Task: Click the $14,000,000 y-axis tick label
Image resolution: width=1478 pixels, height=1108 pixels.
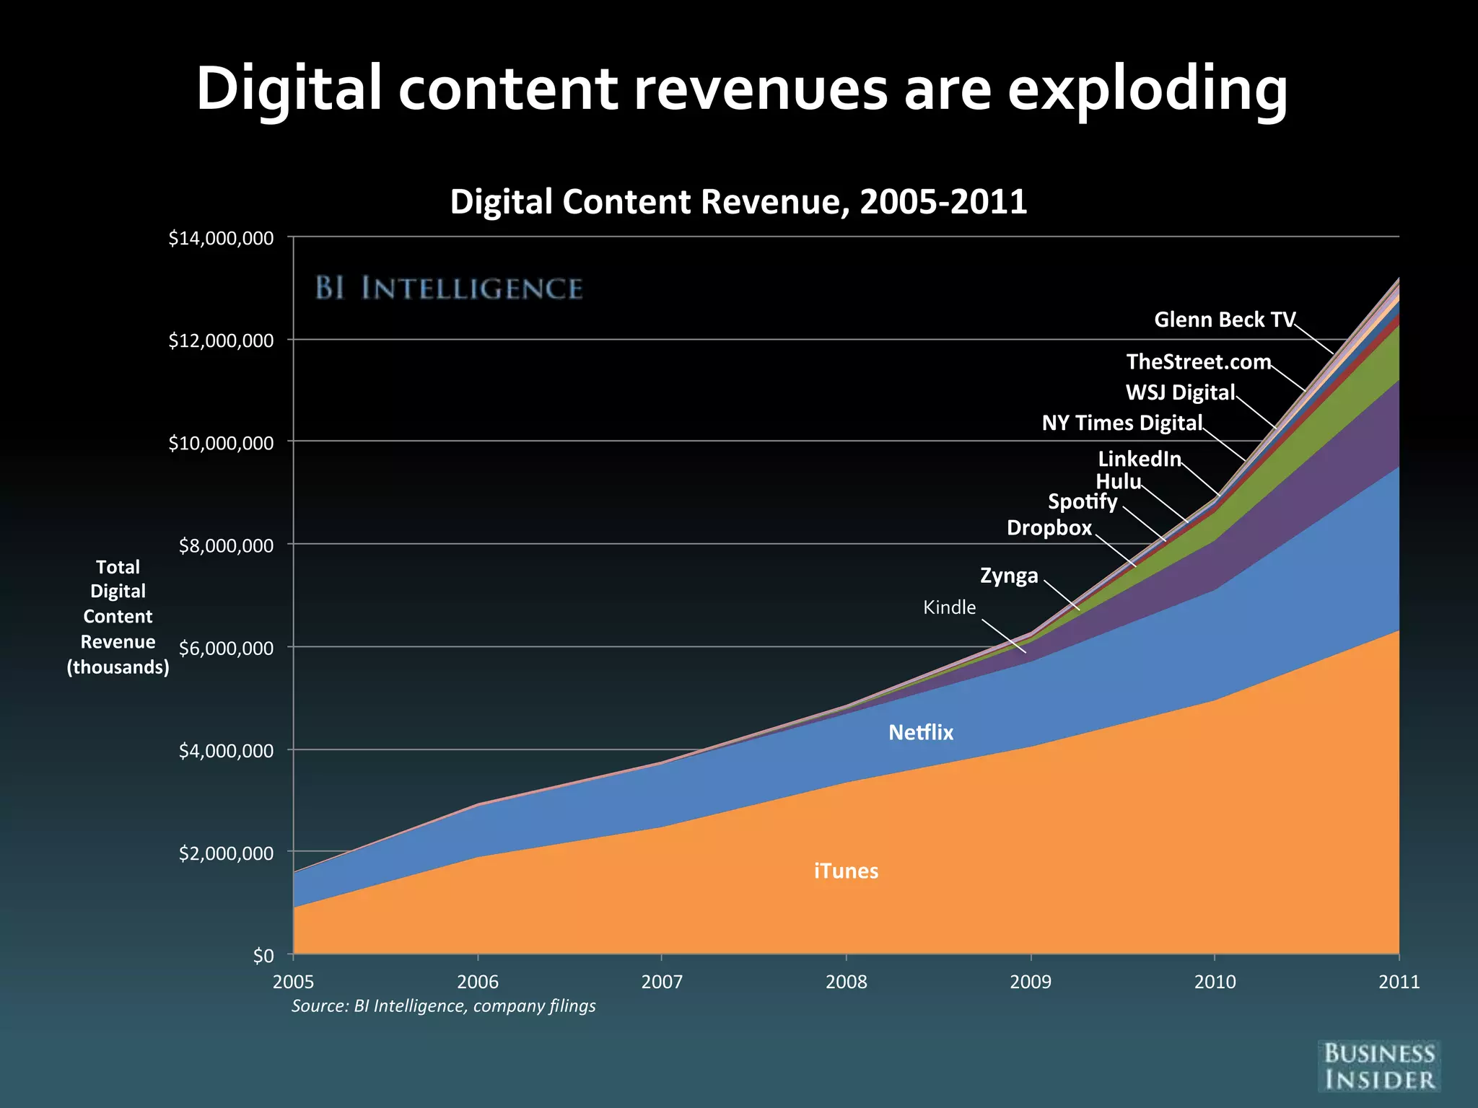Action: [x=221, y=238]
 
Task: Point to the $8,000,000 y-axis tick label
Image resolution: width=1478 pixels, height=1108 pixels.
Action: [x=226, y=545]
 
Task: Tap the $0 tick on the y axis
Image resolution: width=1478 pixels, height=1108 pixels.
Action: [x=263, y=956]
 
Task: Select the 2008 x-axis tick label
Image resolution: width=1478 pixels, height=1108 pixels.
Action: [x=846, y=982]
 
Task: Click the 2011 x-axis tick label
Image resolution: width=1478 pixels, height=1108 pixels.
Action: [x=1399, y=982]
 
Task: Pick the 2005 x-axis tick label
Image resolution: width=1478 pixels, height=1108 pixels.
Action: [x=293, y=982]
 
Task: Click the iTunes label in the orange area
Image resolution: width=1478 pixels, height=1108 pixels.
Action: [x=846, y=871]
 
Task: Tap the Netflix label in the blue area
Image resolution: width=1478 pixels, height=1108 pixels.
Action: [x=920, y=733]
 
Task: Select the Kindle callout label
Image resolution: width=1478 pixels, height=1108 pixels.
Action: [x=949, y=607]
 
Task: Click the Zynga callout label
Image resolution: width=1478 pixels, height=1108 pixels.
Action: [x=1009, y=576]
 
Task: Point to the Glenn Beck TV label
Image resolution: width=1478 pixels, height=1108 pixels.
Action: [x=1225, y=320]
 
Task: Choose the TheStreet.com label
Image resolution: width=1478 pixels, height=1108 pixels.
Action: [x=1199, y=361]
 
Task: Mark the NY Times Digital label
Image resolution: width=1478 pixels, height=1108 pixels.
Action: [x=1122, y=423]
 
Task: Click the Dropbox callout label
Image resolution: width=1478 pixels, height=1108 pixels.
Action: [x=1049, y=528]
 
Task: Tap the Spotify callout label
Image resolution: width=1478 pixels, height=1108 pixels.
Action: [x=1083, y=501]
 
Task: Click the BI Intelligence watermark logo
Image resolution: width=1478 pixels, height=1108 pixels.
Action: [x=448, y=289]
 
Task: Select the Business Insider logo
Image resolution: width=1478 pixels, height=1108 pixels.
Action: [x=1378, y=1066]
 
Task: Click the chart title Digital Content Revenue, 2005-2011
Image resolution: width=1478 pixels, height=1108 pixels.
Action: [x=738, y=201]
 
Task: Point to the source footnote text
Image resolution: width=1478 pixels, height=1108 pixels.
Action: [x=443, y=1006]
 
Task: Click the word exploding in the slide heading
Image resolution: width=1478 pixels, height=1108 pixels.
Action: [x=1147, y=89]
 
